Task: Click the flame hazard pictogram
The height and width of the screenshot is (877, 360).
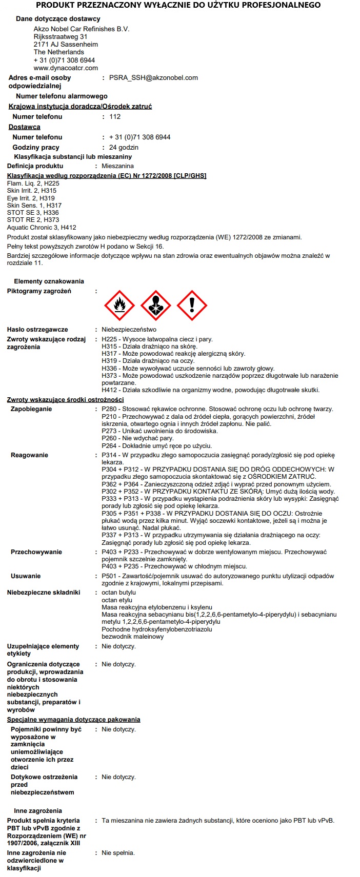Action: (x=119, y=305)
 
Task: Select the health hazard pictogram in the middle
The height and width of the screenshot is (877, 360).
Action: (x=155, y=305)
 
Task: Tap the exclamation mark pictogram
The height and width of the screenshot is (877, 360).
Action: (x=192, y=305)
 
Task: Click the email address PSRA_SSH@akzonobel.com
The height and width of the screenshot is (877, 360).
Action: (x=153, y=78)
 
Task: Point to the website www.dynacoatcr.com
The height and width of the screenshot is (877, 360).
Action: (x=66, y=68)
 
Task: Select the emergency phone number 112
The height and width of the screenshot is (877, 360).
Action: (x=115, y=117)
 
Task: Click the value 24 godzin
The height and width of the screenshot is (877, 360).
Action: (x=124, y=148)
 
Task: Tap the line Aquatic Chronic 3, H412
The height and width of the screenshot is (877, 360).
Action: (x=42, y=228)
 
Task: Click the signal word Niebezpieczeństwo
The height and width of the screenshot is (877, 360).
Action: (x=129, y=330)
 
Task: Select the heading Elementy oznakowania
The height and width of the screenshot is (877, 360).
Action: (x=49, y=281)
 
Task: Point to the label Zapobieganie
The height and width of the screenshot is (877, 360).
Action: (x=31, y=409)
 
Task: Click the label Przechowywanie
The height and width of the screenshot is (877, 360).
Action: (x=36, y=552)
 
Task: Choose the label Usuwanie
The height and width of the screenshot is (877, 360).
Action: (x=26, y=576)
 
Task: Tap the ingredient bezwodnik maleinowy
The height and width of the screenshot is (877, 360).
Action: (x=132, y=637)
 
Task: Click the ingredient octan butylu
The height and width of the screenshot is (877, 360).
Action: (x=118, y=593)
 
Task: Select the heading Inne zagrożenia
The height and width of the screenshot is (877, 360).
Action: (x=38, y=811)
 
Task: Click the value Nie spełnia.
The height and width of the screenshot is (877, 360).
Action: (x=118, y=853)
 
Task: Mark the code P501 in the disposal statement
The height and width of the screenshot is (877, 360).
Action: (x=110, y=576)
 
